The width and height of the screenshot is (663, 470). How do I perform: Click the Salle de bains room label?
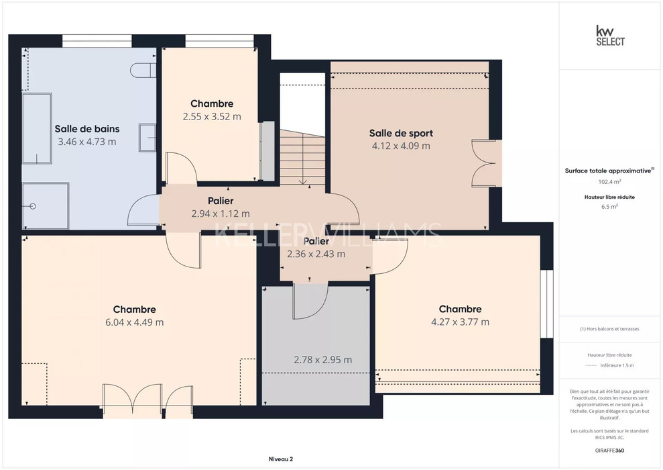(87, 129)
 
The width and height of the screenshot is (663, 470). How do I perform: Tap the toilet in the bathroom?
(143, 70)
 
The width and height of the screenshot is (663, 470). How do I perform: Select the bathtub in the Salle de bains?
(37, 129)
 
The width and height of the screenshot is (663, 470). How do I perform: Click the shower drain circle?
(33, 206)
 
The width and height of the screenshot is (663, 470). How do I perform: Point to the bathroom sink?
(147, 138)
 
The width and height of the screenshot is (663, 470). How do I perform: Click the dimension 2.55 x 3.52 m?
(212, 116)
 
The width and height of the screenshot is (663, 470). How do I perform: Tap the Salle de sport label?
(401, 133)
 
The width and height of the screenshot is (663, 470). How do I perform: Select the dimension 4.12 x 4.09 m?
(401, 146)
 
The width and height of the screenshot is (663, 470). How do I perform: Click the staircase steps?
(302, 157)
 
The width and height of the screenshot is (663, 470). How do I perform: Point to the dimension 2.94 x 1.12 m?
(221, 214)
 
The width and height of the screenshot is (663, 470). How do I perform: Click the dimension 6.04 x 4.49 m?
(135, 322)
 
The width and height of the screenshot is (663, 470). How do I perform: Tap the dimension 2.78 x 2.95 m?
(322, 360)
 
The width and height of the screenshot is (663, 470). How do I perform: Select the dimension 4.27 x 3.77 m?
(460, 322)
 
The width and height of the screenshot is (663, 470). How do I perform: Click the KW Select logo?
(610, 36)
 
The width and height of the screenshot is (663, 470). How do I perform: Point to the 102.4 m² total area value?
(609, 182)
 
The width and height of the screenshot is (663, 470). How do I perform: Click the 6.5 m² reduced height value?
(609, 207)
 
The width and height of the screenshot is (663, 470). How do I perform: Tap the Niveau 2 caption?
(281, 459)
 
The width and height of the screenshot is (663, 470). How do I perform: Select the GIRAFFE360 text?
(609, 451)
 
